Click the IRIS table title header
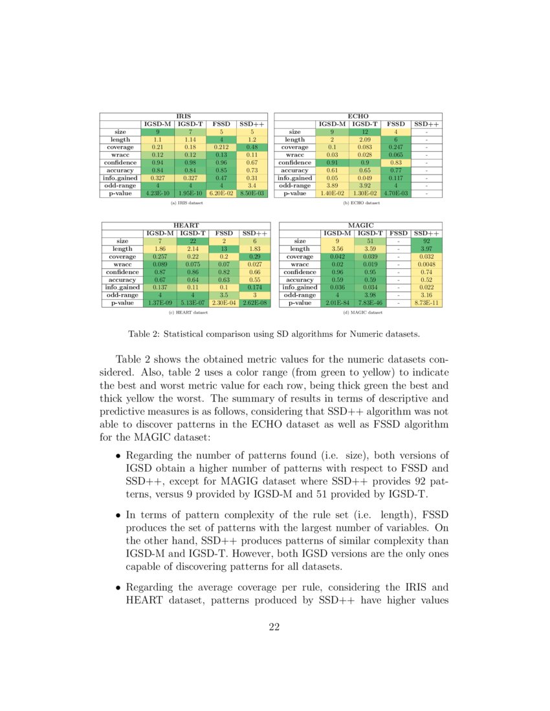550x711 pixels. (x=184, y=116)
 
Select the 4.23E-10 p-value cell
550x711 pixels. (x=158, y=192)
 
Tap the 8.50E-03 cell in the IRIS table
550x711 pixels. (x=253, y=192)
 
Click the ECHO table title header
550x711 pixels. (x=358, y=116)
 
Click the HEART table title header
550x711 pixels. (x=186, y=224)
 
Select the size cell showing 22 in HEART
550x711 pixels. (x=192, y=240)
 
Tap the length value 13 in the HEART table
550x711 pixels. (x=224, y=248)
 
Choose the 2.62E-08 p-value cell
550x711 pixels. (x=254, y=302)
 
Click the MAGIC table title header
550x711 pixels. (x=361, y=224)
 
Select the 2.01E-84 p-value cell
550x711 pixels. (x=336, y=302)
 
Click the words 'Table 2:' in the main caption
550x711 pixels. (x=144, y=334)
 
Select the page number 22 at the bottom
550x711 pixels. (x=274, y=626)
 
